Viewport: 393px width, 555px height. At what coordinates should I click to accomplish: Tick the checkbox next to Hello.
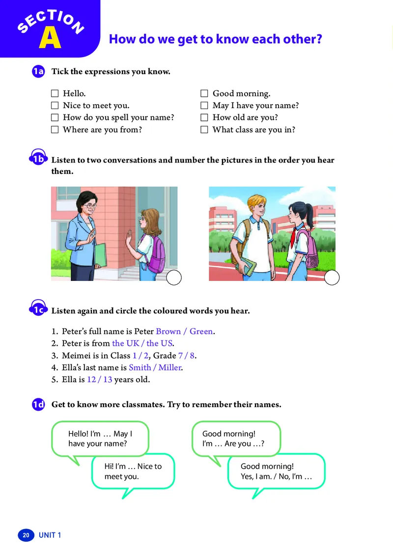55,93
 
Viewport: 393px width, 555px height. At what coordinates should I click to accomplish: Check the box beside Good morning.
204,93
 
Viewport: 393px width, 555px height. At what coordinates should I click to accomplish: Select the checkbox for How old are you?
204,118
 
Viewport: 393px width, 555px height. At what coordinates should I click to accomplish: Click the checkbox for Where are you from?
55,130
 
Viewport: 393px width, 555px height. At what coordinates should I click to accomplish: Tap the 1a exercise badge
38,72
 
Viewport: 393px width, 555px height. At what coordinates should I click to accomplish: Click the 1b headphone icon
38,158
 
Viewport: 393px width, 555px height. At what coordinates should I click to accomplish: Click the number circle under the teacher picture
174,278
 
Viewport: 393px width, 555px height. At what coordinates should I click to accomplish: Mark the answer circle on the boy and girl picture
332,278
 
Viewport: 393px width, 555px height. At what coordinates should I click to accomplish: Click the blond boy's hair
258,202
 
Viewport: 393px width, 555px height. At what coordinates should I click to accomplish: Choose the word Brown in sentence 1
168,332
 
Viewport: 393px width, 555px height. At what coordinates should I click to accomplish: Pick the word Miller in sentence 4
169,367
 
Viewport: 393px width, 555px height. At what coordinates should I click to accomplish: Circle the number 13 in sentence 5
108,380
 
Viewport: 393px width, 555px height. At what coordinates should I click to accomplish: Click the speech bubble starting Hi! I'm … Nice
133,472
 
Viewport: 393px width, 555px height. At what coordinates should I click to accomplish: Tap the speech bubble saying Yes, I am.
276,472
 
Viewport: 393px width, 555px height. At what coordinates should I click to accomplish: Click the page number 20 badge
26,535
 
